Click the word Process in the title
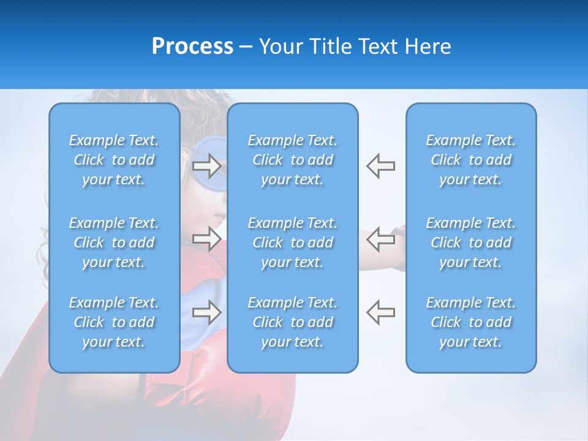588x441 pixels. tap(192, 47)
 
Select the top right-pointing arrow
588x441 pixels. tap(206, 166)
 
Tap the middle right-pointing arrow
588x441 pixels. tap(206, 239)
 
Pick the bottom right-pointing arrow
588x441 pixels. tap(206, 312)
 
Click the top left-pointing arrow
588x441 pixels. tap(380, 166)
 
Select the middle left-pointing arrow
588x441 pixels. tap(380, 239)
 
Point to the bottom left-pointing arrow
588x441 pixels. tap(380, 312)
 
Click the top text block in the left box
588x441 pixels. tap(114, 160)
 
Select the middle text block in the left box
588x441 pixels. tap(114, 243)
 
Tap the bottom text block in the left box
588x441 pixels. tap(114, 322)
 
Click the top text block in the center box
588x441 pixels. tap(292, 160)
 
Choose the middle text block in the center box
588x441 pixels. tap(292, 243)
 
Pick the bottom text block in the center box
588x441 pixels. tap(292, 322)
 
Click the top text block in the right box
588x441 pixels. tap(470, 160)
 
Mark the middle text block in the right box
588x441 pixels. tap(470, 243)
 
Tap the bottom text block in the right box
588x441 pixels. tap(470, 322)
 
